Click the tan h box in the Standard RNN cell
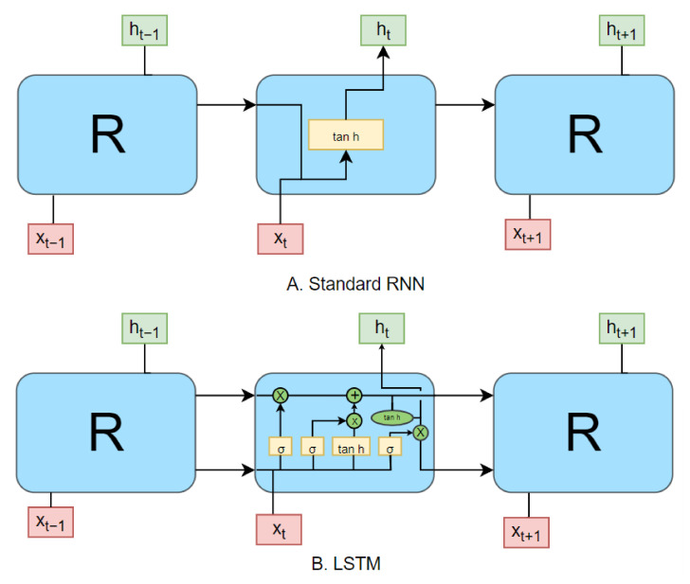[x=345, y=136]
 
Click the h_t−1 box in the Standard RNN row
[x=144, y=31]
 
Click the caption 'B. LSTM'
[x=345, y=566]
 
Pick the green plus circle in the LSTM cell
[x=354, y=396]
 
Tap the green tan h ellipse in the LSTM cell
[x=391, y=416]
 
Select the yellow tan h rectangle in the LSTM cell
[x=350, y=446]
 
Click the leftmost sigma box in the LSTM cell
[x=280, y=446]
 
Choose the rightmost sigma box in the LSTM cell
[x=389, y=446]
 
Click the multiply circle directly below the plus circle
[x=354, y=419]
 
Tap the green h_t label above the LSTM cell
[x=380, y=327]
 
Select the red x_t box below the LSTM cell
[x=280, y=528]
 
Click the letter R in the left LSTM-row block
[x=106, y=432]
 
